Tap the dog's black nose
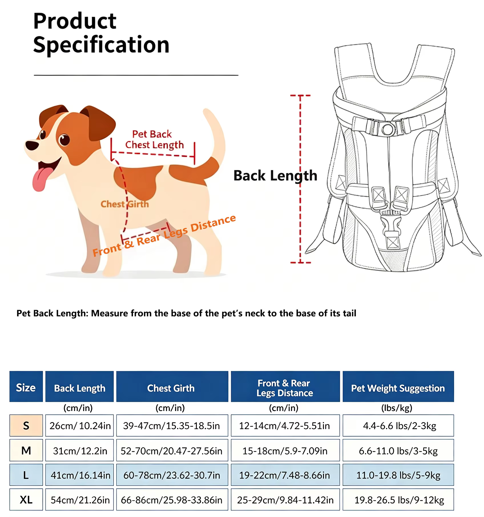32,145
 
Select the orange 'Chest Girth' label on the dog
125,204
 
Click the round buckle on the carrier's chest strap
388,129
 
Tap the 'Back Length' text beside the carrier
275,176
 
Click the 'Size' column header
26,387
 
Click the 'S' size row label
26,426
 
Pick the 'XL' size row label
26,500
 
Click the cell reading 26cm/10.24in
80,426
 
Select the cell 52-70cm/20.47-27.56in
172,451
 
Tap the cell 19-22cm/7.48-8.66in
285,475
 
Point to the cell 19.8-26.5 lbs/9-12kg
398,500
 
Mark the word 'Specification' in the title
101,45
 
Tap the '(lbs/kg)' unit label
397,408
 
